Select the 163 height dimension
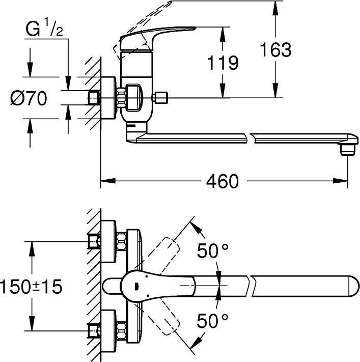275,50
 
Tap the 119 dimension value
223,63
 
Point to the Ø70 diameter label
29,98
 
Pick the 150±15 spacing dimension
31,286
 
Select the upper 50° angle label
214,250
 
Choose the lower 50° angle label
214,321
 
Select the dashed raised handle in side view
148,20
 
